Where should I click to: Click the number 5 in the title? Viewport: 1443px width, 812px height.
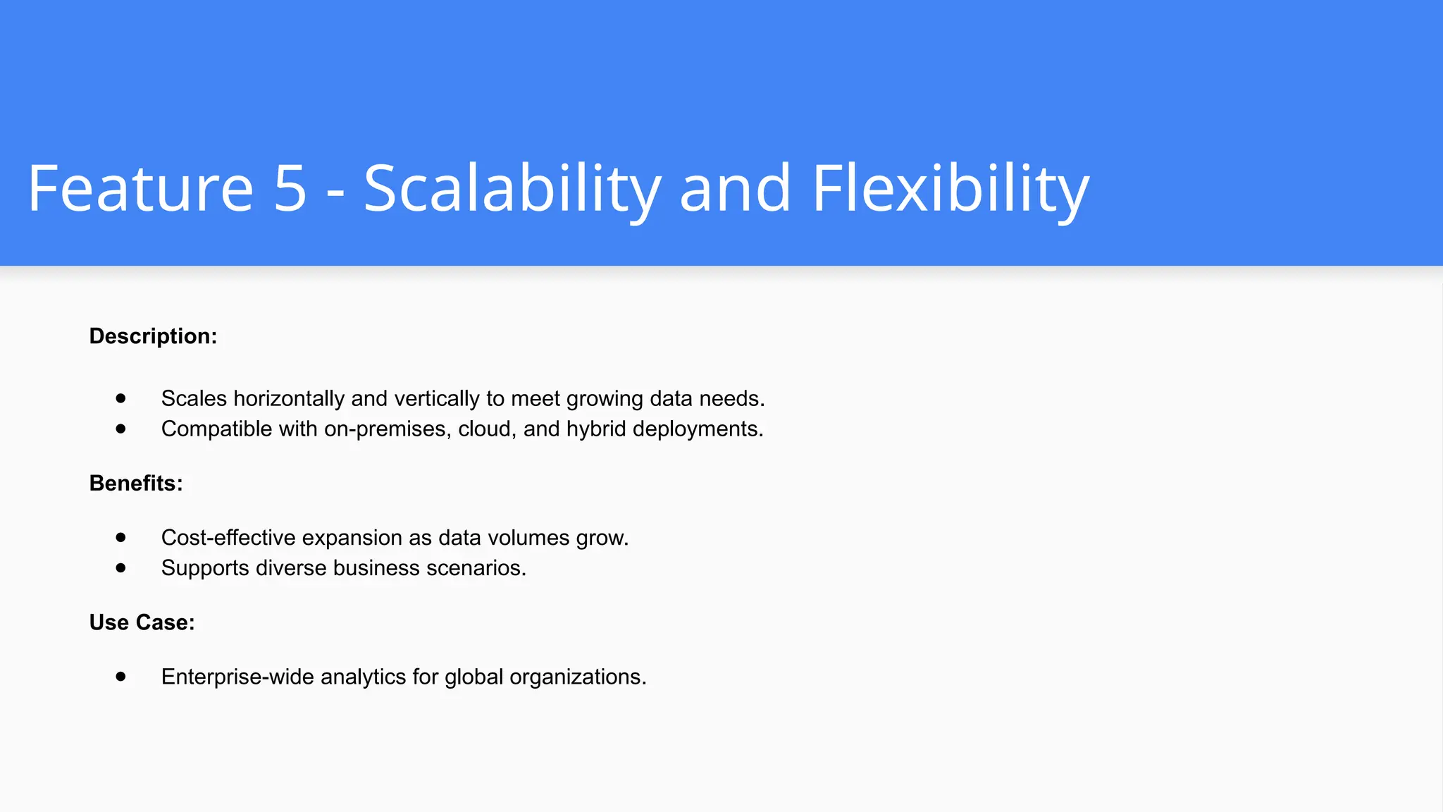[290, 188]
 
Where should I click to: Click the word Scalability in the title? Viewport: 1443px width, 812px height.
[512, 188]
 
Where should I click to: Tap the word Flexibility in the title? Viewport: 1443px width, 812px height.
[950, 188]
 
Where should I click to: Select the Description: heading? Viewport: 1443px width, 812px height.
[153, 336]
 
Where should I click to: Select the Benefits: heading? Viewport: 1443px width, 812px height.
[136, 484]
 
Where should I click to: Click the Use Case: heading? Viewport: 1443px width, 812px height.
[142, 622]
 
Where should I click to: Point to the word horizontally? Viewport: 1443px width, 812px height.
[289, 399]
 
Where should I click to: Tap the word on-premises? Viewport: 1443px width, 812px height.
[388, 429]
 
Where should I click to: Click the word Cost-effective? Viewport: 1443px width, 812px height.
[228, 538]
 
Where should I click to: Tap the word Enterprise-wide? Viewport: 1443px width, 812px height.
[237, 677]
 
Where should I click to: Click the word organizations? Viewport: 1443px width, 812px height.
[578, 677]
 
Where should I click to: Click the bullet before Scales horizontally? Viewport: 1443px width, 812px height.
[121, 398]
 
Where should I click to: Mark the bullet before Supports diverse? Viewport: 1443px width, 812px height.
[121, 567]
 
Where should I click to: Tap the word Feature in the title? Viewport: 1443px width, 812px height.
[140, 188]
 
